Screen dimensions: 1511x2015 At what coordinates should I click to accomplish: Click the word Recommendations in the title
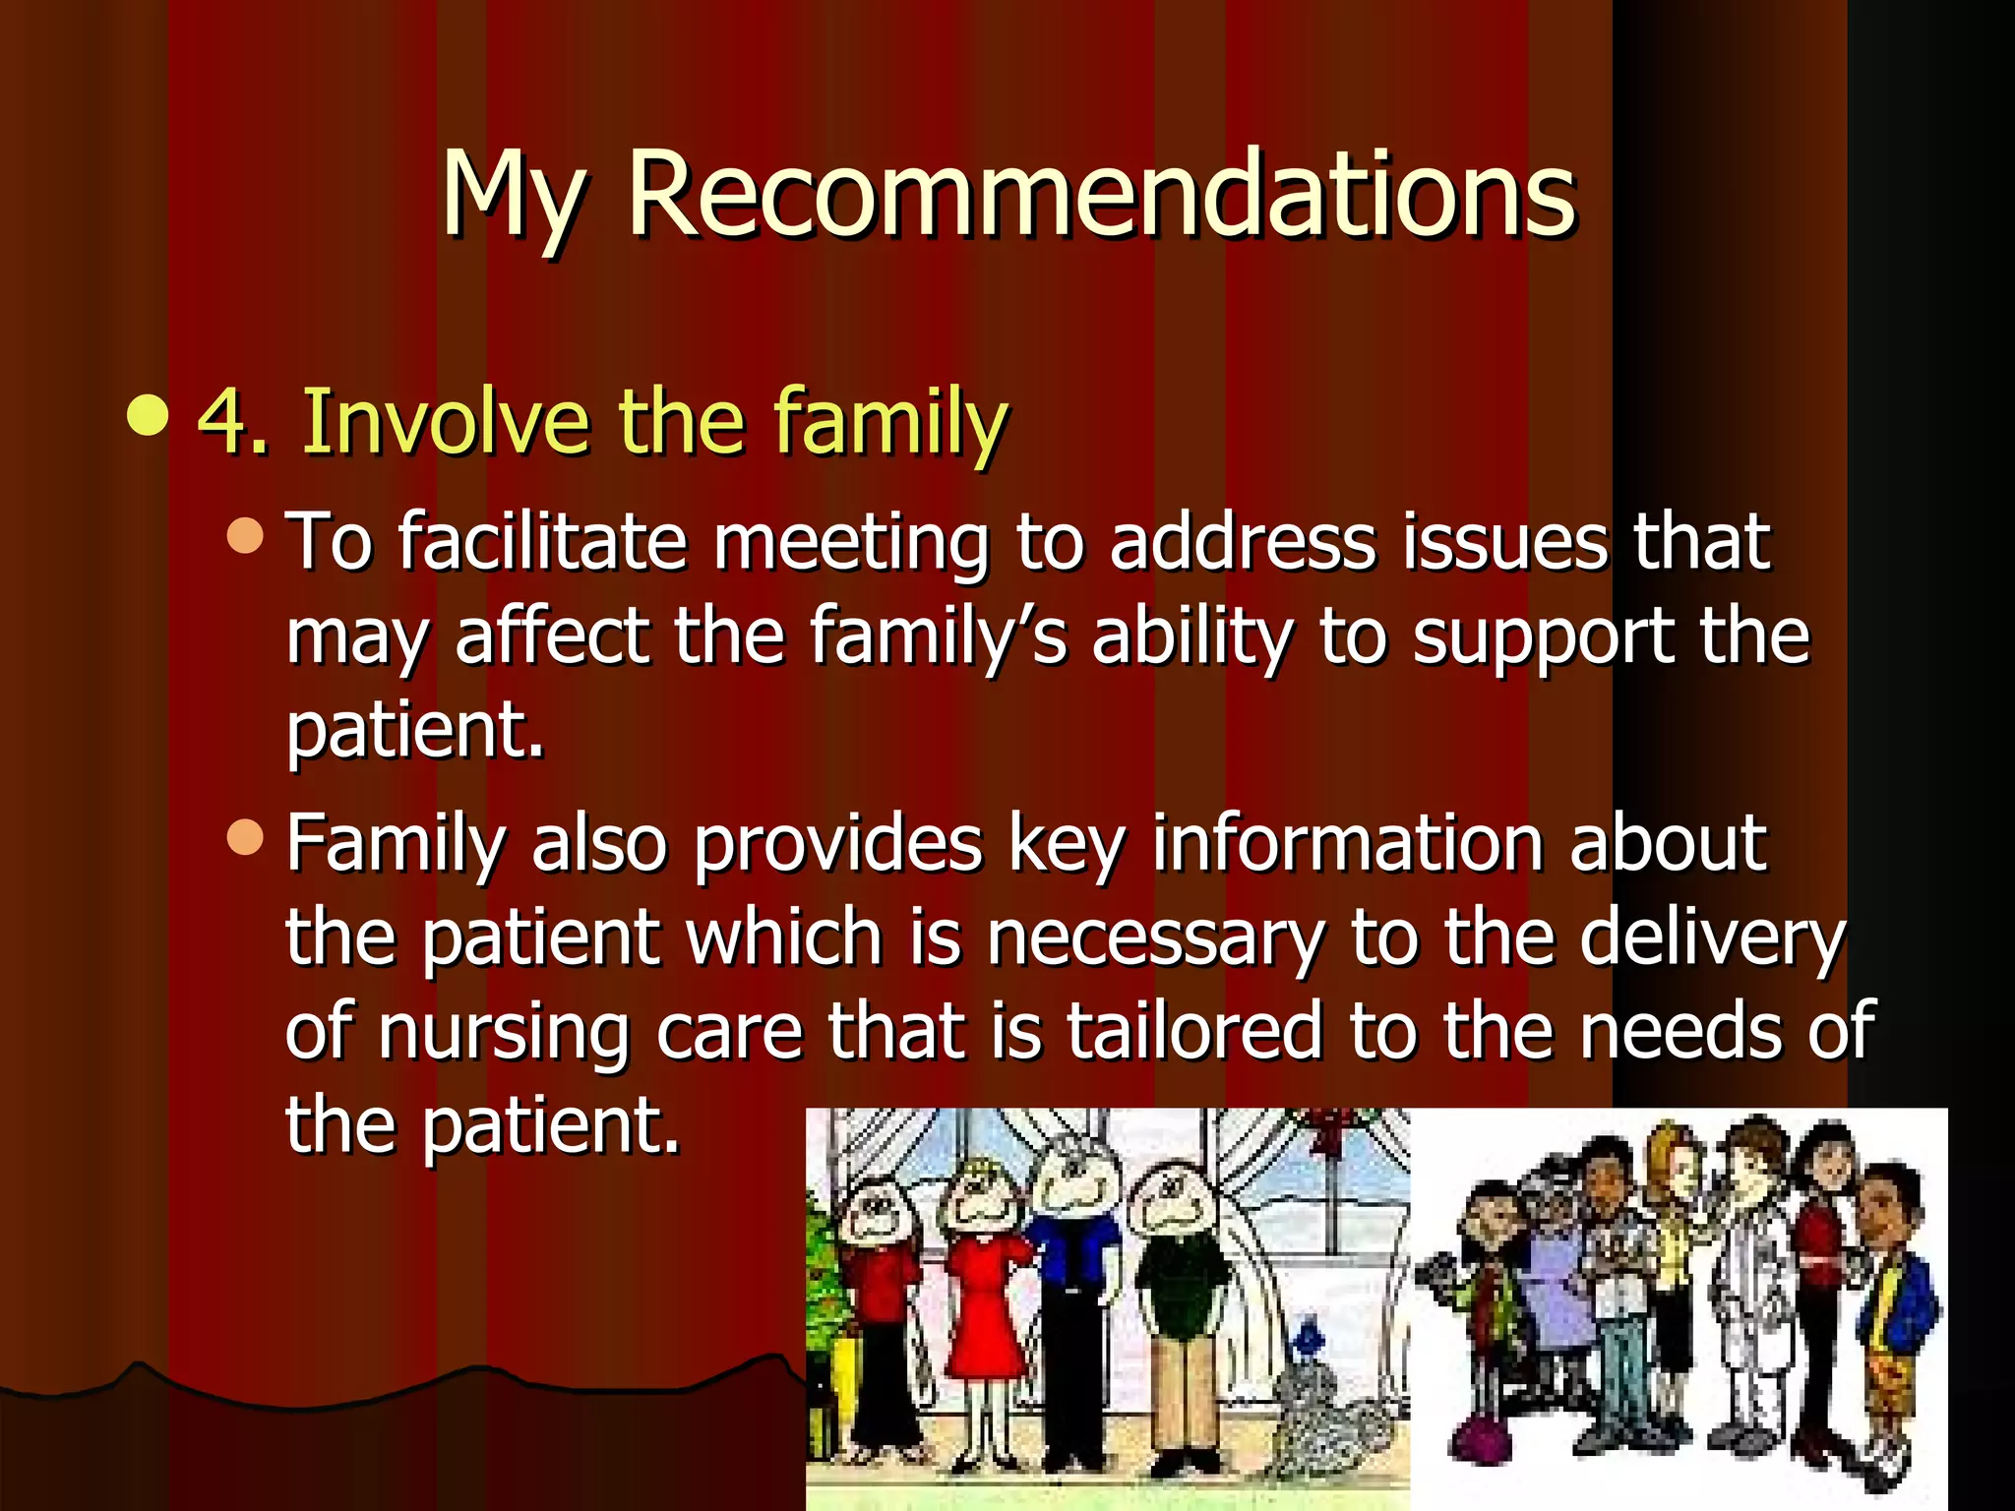pos(1102,194)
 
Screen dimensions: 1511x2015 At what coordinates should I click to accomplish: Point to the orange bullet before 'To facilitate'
pos(245,535)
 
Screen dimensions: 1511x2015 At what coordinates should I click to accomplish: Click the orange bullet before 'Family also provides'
pos(245,837)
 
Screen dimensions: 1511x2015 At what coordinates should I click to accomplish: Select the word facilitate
pos(542,542)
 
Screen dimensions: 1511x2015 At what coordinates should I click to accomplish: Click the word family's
pos(938,635)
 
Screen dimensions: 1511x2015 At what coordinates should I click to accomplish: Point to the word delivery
pos(1712,939)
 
